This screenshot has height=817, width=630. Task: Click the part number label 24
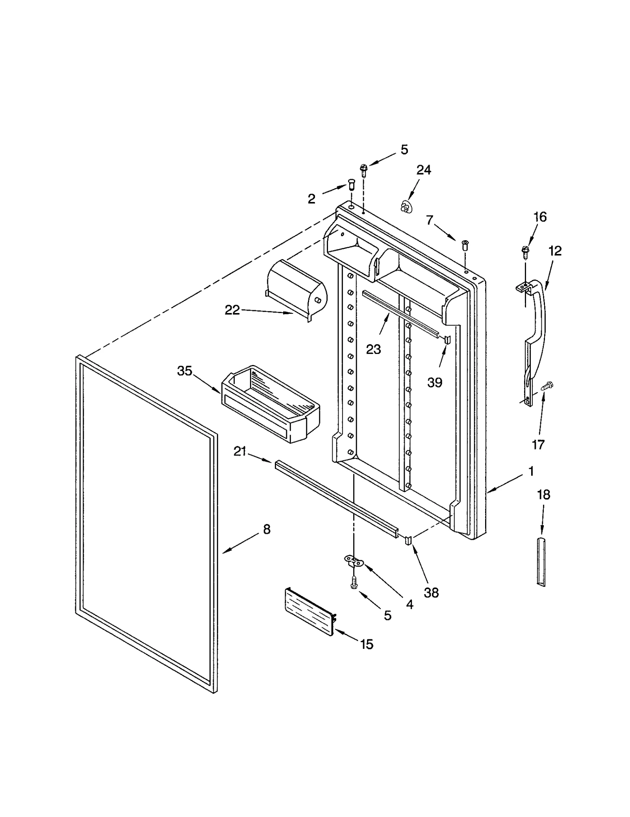point(424,170)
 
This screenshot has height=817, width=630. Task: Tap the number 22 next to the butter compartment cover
point(232,310)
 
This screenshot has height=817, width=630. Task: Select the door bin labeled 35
point(271,404)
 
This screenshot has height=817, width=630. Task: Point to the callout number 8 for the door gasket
point(267,530)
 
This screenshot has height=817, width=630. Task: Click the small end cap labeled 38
point(408,540)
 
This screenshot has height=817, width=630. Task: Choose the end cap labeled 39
point(447,339)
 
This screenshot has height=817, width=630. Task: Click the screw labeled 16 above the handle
point(525,251)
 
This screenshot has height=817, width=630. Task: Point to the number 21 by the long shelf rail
point(240,452)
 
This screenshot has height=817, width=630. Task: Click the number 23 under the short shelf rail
point(373,349)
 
